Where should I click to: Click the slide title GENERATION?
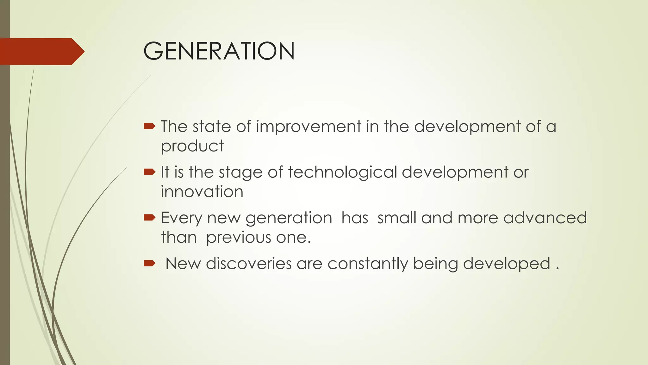point(219,51)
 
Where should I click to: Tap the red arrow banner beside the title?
point(41,52)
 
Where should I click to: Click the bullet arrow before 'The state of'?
point(149,127)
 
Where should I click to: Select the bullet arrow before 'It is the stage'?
point(149,172)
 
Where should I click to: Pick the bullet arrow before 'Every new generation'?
point(149,218)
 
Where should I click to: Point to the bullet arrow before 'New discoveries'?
point(149,263)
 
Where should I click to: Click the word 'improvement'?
point(308,126)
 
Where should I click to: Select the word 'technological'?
point(342,172)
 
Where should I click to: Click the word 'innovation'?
point(202,192)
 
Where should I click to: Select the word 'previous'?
point(239,238)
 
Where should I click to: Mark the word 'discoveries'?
point(249,264)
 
